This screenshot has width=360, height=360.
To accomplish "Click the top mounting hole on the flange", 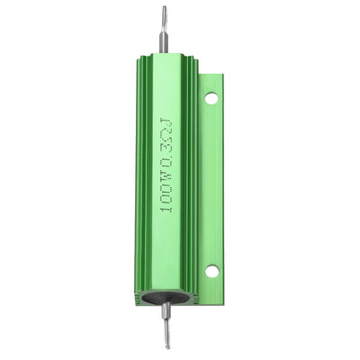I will (211, 98).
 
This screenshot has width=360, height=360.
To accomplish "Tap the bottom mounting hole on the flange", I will (211, 270).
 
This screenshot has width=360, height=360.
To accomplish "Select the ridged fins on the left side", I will (143, 180).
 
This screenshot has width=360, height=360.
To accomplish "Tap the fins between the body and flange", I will (196, 180).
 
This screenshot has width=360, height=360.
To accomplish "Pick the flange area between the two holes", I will (212, 184).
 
